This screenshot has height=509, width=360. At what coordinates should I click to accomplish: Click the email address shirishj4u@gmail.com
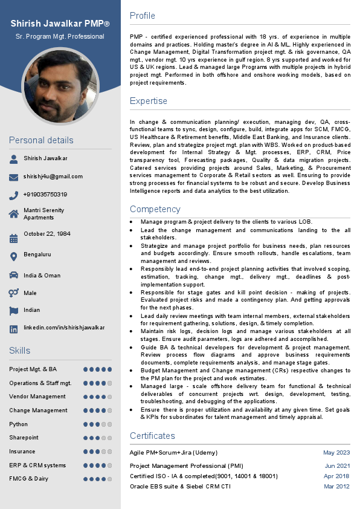pos(53,177)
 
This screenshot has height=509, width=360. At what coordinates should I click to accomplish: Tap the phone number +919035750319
pos(45,195)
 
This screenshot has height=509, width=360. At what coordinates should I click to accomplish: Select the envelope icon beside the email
pos(14,177)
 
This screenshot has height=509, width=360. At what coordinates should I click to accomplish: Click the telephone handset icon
pos(14,195)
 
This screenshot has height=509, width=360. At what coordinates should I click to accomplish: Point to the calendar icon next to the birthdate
pos(14,238)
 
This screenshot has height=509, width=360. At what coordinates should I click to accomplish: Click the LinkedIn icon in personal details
pos(14,329)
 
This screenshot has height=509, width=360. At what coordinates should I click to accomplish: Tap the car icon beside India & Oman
pos(14,275)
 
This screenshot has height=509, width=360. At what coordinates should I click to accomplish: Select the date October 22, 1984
pos(47,233)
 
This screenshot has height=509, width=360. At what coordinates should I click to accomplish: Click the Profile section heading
pos(143,16)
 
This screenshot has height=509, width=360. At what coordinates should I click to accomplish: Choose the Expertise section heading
pos(149,100)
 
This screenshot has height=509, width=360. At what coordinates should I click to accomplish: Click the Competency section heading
pos(155,209)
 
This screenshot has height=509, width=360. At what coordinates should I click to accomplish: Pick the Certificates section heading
pos(152,436)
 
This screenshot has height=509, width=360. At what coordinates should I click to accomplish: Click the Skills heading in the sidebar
pos(19,351)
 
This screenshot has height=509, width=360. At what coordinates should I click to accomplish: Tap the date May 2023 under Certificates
pos(336,453)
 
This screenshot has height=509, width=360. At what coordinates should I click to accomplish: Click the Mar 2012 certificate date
pos(336,487)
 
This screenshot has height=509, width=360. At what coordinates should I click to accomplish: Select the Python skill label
pos(18,424)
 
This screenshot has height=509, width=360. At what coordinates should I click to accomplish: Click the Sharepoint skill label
pos(24,438)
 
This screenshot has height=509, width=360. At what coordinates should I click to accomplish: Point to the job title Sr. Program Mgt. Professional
pos(60,37)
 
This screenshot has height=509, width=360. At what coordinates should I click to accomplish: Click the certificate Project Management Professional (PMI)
pos(187,466)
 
